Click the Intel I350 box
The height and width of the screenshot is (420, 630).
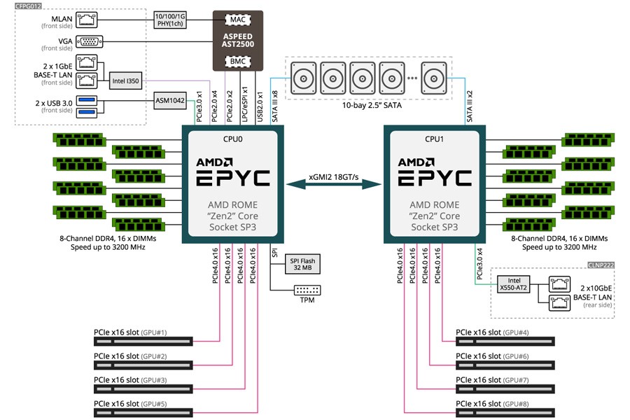125,80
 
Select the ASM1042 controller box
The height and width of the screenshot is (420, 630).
170,101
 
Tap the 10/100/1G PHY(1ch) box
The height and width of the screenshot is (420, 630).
170,20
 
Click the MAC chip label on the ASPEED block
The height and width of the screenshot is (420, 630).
238,20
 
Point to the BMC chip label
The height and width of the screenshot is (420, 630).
238,61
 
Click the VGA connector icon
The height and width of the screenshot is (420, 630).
89,41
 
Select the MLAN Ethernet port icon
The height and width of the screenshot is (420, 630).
86,20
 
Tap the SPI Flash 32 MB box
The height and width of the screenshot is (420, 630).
302,264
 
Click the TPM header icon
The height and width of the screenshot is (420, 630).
307,290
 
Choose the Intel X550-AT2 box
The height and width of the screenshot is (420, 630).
514,283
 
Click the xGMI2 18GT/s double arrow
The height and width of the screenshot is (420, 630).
333,185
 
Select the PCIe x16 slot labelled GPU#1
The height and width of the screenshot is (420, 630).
143,341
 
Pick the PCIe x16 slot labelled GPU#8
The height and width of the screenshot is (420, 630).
505,413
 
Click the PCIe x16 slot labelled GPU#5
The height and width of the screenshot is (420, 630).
143,413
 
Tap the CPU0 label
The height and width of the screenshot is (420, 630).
232,139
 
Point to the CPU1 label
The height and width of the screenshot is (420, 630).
434,139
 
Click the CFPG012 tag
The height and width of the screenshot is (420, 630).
28,6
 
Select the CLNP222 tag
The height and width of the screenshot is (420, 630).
601,265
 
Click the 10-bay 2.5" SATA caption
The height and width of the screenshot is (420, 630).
372,105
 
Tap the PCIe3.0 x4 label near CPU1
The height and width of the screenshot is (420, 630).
479,264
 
